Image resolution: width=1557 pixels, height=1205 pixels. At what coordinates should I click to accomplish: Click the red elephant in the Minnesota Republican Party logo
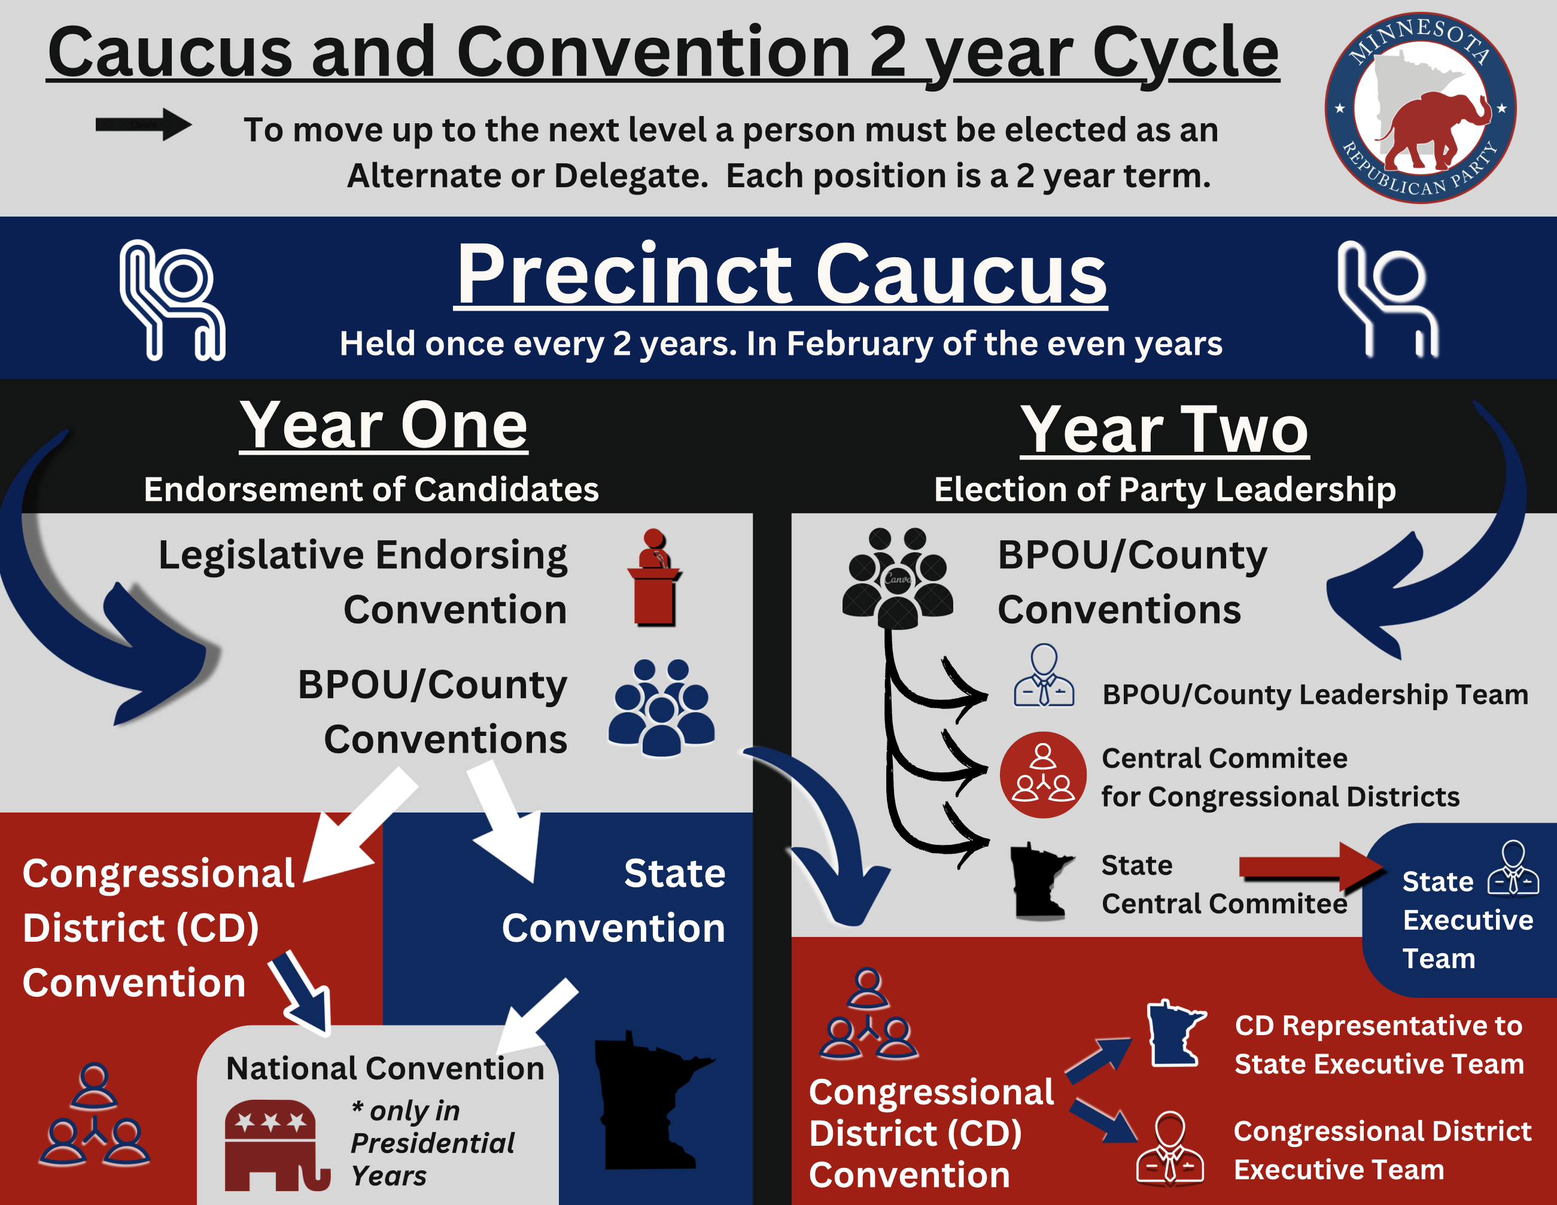coord(1433,129)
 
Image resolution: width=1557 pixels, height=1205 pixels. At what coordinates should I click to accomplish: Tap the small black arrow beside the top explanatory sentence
coord(143,125)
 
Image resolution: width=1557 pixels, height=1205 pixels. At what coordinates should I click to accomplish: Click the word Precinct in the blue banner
coord(624,275)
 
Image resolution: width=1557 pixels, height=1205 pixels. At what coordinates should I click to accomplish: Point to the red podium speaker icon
coord(654,577)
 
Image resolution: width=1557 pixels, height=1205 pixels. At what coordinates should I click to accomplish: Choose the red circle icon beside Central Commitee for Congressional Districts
coord(1043,775)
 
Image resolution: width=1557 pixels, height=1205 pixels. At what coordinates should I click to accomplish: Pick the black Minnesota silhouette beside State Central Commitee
coord(1041,881)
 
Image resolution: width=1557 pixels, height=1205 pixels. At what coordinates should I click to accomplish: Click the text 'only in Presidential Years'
coord(432,1143)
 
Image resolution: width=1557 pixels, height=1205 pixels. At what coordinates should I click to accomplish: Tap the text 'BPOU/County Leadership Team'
coord(1315,695)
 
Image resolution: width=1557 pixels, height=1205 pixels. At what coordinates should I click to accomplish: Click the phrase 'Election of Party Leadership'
coord(1165,490)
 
